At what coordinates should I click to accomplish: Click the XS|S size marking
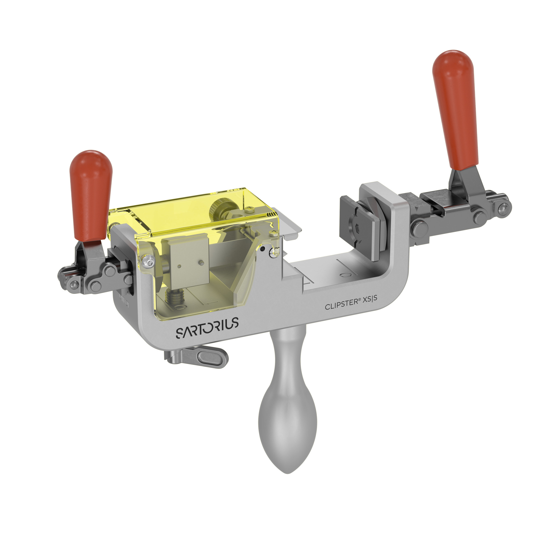coord(371,299)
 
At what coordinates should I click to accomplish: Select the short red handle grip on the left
coord(91,195)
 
